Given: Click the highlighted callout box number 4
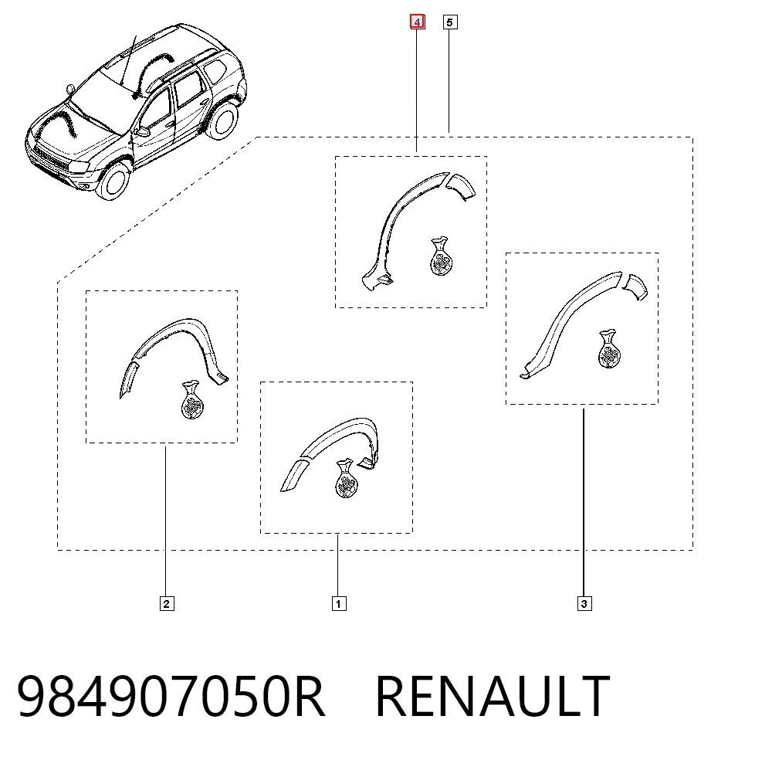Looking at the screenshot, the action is (418, 22).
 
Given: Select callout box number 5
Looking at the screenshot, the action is (450, 22).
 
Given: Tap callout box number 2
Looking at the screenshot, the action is (167, 604).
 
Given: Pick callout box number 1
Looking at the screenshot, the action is (339, 604).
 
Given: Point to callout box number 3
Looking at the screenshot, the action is (584, 604).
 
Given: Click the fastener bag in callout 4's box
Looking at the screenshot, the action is (441, 256).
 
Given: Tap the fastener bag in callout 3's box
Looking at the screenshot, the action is (609, 349).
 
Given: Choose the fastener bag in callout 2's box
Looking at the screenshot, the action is (192, 400).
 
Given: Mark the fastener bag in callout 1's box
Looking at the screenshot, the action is (346, 478).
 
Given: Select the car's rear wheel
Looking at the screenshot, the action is (222, 120).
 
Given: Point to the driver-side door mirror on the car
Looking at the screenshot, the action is (142, 131).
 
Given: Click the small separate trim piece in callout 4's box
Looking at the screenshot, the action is (462, 185).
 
